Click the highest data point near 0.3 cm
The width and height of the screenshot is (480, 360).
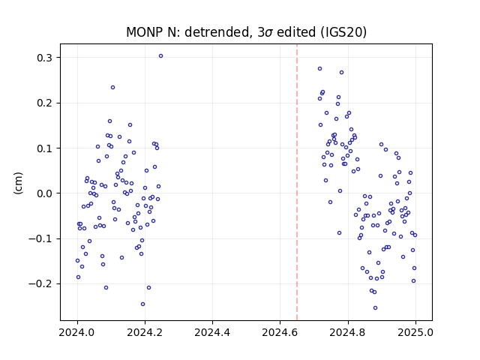click(x=160, y=56)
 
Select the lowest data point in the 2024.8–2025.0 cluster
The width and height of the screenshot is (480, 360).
click(x=375, y=308)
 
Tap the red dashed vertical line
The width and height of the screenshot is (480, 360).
click(x=297, y=182)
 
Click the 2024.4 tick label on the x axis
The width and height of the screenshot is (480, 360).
click(x=212, y=332)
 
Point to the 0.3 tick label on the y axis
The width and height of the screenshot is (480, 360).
click(x=45, y=58)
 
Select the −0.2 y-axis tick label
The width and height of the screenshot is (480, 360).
click(x=40, y=283)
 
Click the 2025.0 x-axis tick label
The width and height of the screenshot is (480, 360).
click(x=415, y=332)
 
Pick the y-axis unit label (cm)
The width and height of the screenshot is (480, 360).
click(x=18, y=183)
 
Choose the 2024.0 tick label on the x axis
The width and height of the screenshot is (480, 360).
click(x=77, y=332)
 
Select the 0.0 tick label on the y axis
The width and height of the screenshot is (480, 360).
click(x=45, y=193)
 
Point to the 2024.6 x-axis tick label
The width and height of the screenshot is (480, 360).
click(x=280, y=332)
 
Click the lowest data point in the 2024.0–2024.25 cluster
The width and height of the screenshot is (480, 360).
click(x=142, y=304)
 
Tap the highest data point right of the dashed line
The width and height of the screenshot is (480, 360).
click(x=320, y=69)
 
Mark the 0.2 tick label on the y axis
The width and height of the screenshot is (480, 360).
click(x=45, y=103)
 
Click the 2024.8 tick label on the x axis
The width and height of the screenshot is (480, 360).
click(x=348, y=332)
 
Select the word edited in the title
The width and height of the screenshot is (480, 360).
click(x=296, y=32)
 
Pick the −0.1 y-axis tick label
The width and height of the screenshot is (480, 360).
click(x=40, y=238)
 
